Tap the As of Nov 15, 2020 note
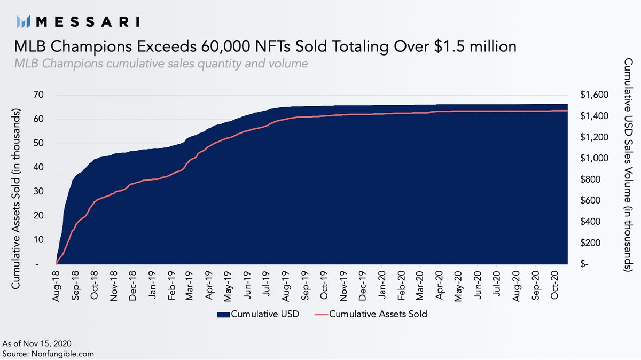pyautogui.click(x=37, y=343)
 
